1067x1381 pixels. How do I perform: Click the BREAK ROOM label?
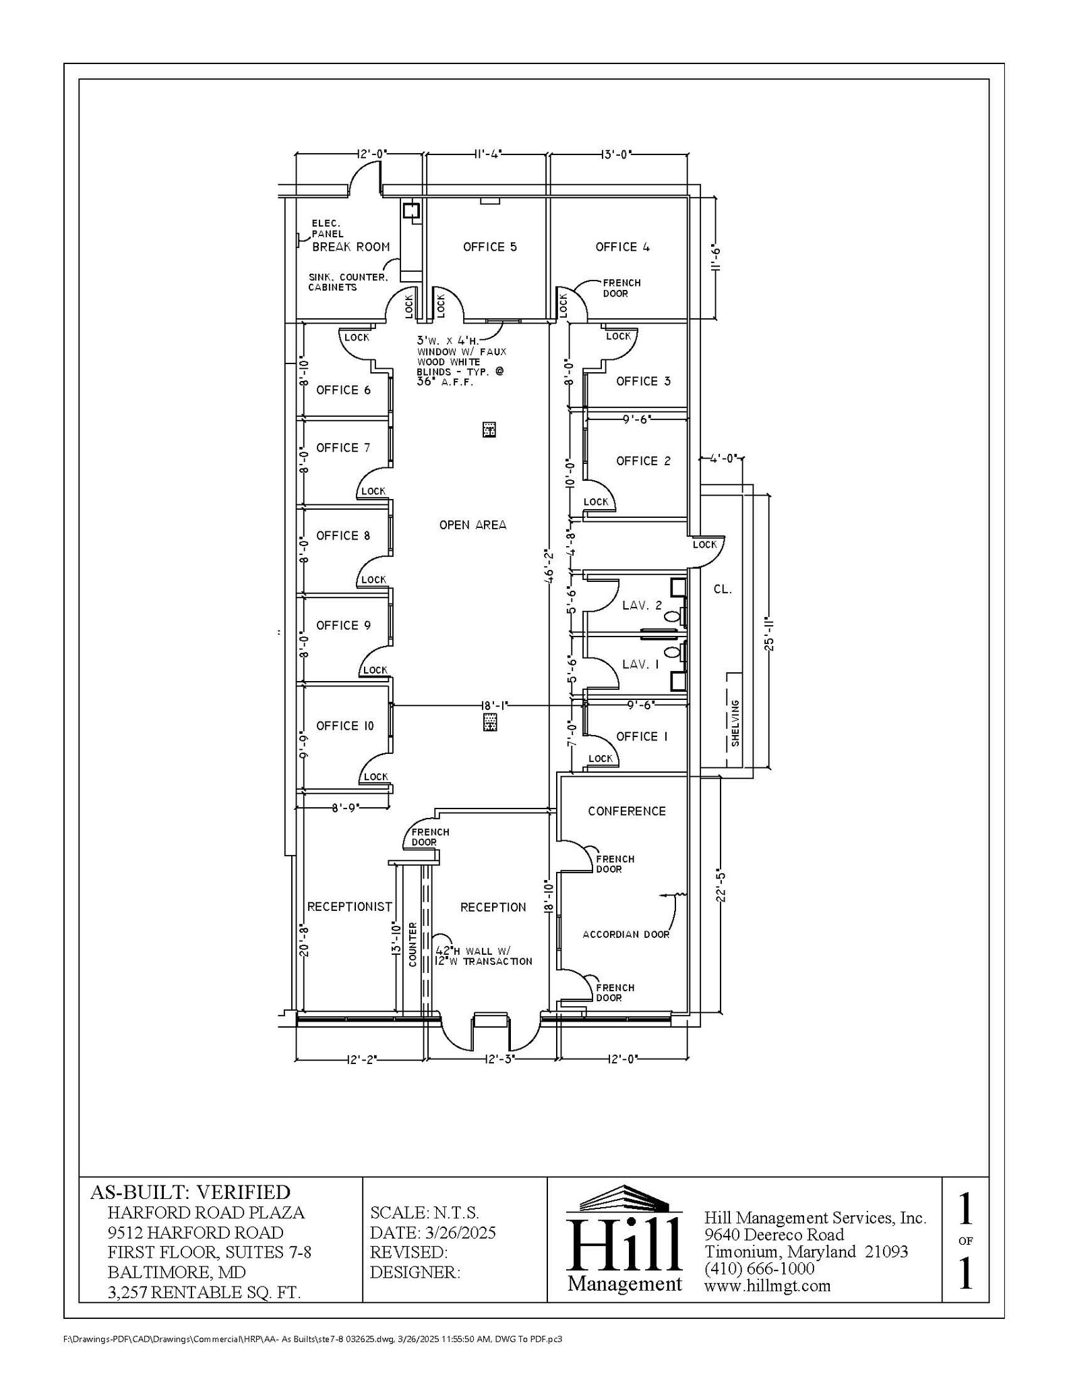pyautogui.click(x=350, y=247)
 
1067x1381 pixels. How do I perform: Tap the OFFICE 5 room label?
pyautogui.click(x=489, y=247)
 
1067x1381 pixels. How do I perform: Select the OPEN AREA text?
pyautogui.click(x=472, y=525)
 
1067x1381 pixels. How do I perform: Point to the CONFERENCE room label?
pyautogui.click(x=626, y=811)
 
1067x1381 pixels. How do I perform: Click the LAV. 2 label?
pyautogui.click(x=642, y=606)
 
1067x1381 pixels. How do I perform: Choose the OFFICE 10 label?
pyautogui.click(x=344, y=726)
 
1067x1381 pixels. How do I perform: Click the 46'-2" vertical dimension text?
pyautogui.click(x=550, y=566)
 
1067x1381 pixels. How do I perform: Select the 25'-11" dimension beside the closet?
pyautogui.click(x=769, y=633)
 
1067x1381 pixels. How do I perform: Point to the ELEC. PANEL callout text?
pyautogui.click(x=327, y=229)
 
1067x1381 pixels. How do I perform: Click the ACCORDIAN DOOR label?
pyautogui.click(x=626, y=935)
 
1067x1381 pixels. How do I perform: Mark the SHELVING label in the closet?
pyautogui.click(x=735, y=723)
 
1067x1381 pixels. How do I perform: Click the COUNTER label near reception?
pyautogui.click(x=413, y=945)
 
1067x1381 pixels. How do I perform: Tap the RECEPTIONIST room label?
pyautogui.click(x=349, y=907)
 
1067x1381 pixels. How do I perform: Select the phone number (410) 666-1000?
pyautogui.click(x=759, y=1268)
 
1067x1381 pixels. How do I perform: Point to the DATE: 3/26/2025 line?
pyautogui.click(x=433, y=1233)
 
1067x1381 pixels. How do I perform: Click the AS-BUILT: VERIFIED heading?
pyautogui.click(x=190, y=1192)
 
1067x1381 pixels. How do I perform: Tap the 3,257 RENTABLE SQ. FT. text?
pyautogui.click(x=204, y=1292)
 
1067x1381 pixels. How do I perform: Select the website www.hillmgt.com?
pyautogui.click(x=767, y=1286)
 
